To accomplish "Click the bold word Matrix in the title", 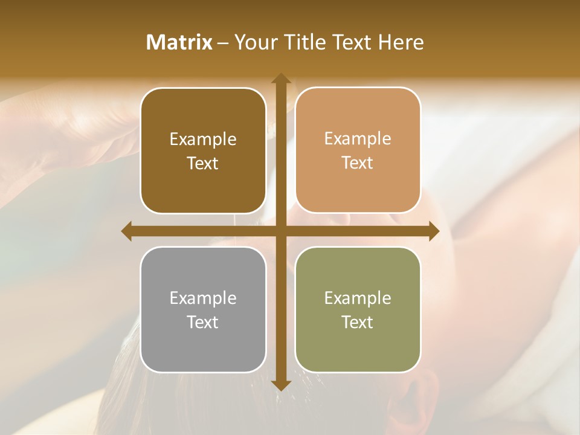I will coord(179,42).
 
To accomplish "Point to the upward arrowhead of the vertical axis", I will coord(281,79).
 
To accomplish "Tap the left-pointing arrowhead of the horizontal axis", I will coord(127,231).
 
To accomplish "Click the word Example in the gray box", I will coord(203,298).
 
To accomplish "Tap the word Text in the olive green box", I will coord(358,322).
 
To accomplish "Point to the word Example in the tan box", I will coord(358,138).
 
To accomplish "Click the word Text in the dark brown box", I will coord(203,163).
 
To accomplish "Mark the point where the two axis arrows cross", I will coord(281,231).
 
